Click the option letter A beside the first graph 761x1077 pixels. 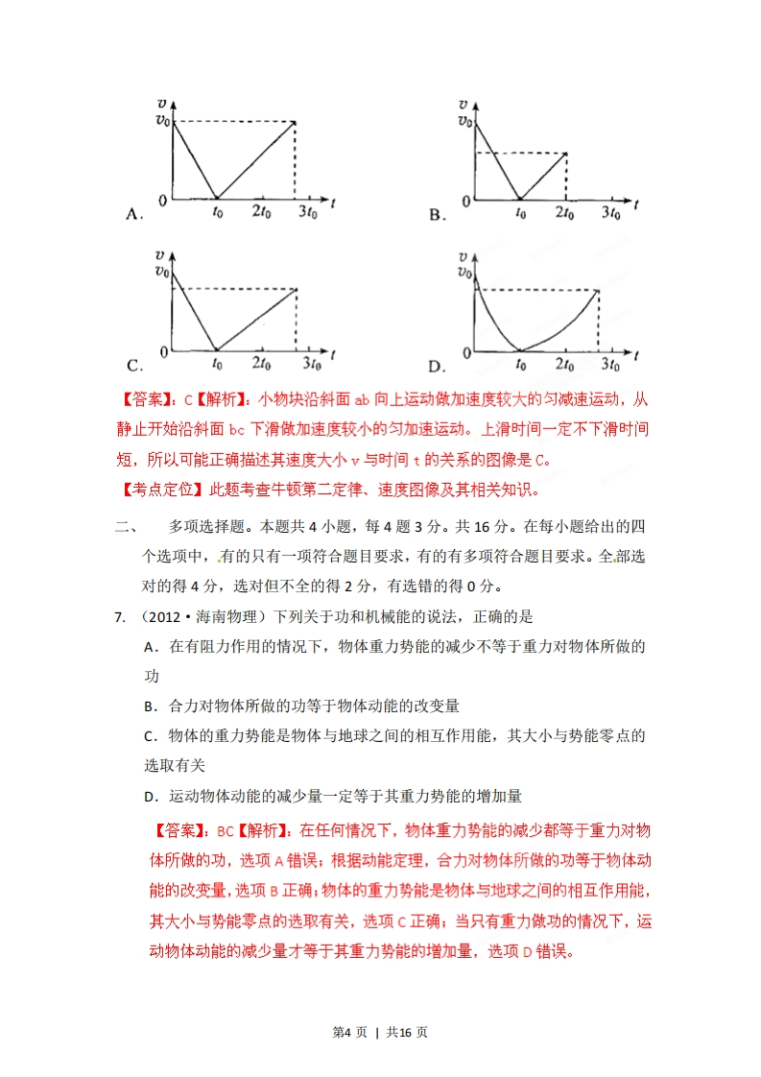tap(133, 215)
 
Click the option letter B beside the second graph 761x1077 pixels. tap(437, 215)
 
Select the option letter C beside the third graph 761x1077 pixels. tap(133, 365)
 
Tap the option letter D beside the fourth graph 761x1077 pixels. tap(437, 365)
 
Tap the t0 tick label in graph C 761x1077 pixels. tap(217, 363)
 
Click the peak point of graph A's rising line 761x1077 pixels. tap(295, 122)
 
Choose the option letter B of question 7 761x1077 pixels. tap(150, 706)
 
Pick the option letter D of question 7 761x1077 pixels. tap(150, 796)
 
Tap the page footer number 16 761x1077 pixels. tap(405, 1032)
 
